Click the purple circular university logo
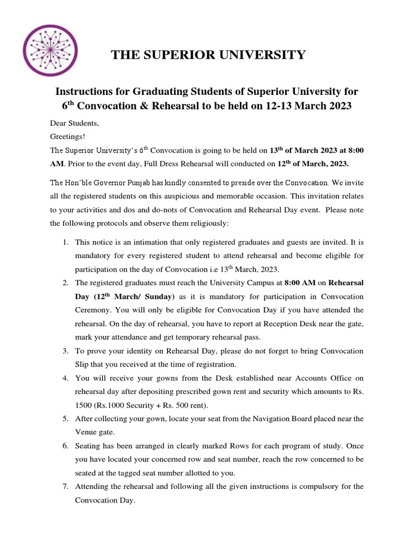50,49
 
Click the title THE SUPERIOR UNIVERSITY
208,54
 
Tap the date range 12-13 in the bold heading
281,106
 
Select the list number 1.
66,243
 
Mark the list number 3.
66,351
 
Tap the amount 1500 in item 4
84,405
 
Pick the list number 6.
66,446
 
